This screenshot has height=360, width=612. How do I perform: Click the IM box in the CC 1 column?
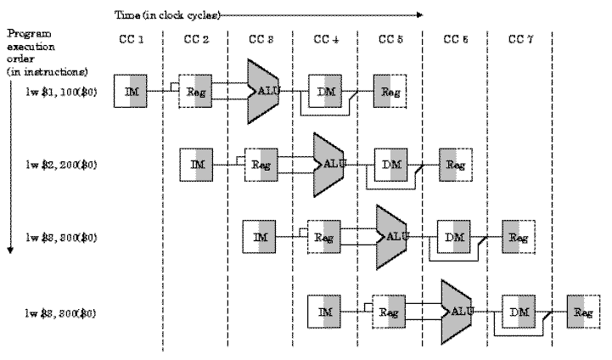tap(132, 90)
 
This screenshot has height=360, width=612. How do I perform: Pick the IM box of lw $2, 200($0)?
tap(196, 163)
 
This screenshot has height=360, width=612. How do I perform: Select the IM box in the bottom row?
tap(325, 312)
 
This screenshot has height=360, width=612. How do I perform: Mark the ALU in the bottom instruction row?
tap(458, 312)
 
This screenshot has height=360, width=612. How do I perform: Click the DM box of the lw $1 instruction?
tap(325, 90)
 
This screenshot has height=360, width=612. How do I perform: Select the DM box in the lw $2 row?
tap(390, 163)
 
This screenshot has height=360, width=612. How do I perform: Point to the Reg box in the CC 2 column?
tap(196, 90)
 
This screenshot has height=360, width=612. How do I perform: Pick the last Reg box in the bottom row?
tap(584, 312)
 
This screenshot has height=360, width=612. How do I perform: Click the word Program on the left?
tap(25, 34)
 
